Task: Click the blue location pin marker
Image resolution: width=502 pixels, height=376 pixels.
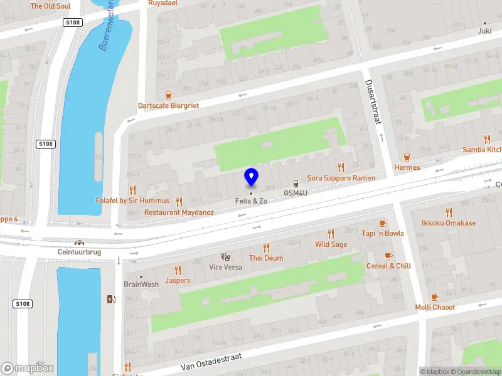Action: [x=251, y=177]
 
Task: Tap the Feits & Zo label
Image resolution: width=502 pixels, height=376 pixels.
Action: [x=251, y=201]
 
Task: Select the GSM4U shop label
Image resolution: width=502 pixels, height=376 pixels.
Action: [x=295, y=193]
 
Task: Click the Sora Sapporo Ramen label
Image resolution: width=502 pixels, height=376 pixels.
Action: [x=341, y=178]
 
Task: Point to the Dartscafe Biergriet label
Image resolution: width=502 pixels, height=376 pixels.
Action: [x=168, y=105]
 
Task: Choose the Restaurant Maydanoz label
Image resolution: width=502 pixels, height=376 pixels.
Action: [x=179, y=212]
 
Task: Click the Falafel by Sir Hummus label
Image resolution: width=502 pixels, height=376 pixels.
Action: [x=132, y=201]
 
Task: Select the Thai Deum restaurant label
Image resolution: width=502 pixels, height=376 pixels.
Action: [x=265, y=258]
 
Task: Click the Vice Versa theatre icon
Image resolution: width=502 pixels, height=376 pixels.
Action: [x=225, y=257]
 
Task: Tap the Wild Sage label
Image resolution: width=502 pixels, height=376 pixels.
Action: [x=331, y=244]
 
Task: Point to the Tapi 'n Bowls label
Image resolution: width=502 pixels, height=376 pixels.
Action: [x=383, y=234]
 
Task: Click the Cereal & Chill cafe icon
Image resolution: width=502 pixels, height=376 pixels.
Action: [x=388, y=256]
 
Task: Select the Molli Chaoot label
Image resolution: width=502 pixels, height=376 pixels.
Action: [x=435, y=307]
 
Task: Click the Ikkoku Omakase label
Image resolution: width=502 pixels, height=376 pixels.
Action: [x=449, y=222]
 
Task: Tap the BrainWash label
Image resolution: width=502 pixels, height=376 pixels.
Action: [x=141, y=284]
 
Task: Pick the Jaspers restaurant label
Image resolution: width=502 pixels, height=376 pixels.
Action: [x=178, y=280]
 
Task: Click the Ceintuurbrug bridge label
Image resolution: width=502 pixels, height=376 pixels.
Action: [x=79, y=252]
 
